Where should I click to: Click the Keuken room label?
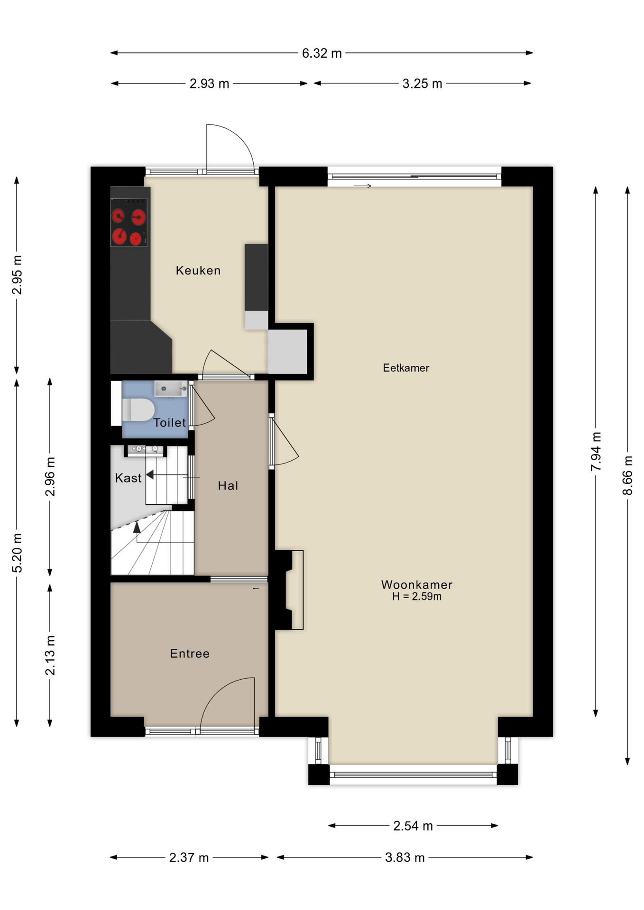coord(198,271)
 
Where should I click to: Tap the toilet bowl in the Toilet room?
coord(138,410)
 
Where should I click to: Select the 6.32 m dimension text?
coord(322,53)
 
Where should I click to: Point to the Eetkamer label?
coord(406,368)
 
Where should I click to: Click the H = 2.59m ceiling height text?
coord(416,597)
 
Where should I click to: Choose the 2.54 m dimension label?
coord(413,826)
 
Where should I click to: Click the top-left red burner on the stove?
coord(118,216)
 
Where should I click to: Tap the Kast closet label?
coord(128,478)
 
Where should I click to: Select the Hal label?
coord(228,485)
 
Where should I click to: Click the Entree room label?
coord(190,654)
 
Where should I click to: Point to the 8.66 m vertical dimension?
coord(627,475)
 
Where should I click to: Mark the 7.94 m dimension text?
coord(596,451)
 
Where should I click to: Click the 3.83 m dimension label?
coord(405,857)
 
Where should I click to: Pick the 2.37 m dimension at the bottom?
coord(189,857)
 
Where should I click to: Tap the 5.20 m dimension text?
coord(17,553)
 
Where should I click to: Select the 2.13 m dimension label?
coord(50,655)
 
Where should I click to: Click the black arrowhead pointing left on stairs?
coord(150,474)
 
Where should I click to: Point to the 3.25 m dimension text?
coord(422,84)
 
